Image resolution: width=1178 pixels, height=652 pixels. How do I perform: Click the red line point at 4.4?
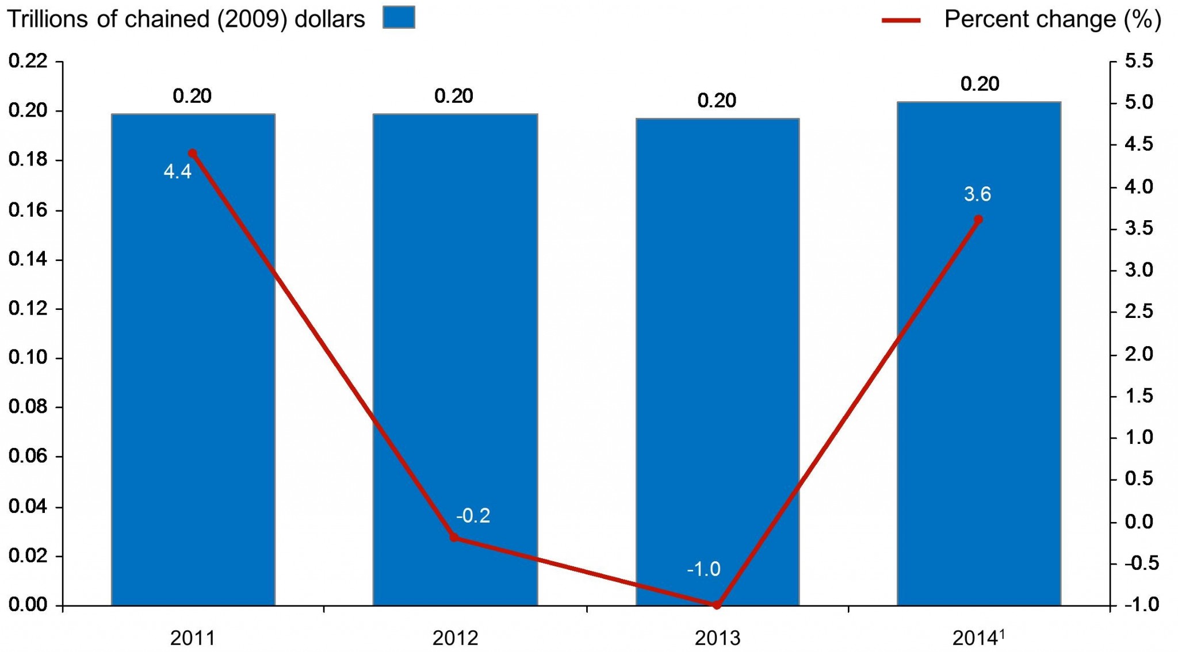click(x=193, y=154)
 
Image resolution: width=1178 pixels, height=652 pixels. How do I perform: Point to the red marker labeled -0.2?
click(x=454, y=538)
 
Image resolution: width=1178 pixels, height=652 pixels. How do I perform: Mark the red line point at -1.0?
click(x=717, y=605)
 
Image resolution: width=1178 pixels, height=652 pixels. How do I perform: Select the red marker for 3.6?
click(x=978, y=220)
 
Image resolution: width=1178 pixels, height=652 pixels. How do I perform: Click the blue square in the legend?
click(x=399, y=17)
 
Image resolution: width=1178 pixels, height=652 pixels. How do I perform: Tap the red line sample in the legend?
click(x=901, y=20)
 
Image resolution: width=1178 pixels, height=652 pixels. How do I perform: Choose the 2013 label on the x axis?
click(x=717, y=638)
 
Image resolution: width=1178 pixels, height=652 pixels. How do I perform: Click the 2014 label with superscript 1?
click(x=978, y=638)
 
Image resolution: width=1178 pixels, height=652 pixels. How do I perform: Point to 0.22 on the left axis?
click(x=28, y=60)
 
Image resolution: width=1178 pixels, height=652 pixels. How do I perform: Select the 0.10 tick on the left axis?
click(x=28, y=358)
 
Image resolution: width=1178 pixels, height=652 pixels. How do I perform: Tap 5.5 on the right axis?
click(x=1139, y=60)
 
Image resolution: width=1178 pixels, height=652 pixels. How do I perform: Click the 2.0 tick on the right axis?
click(x=1139, y=354)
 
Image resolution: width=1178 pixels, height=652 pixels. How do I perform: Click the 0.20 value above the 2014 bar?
click(x=980, y=84)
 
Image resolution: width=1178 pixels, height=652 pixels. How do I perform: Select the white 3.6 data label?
click(x=977, y=194)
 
